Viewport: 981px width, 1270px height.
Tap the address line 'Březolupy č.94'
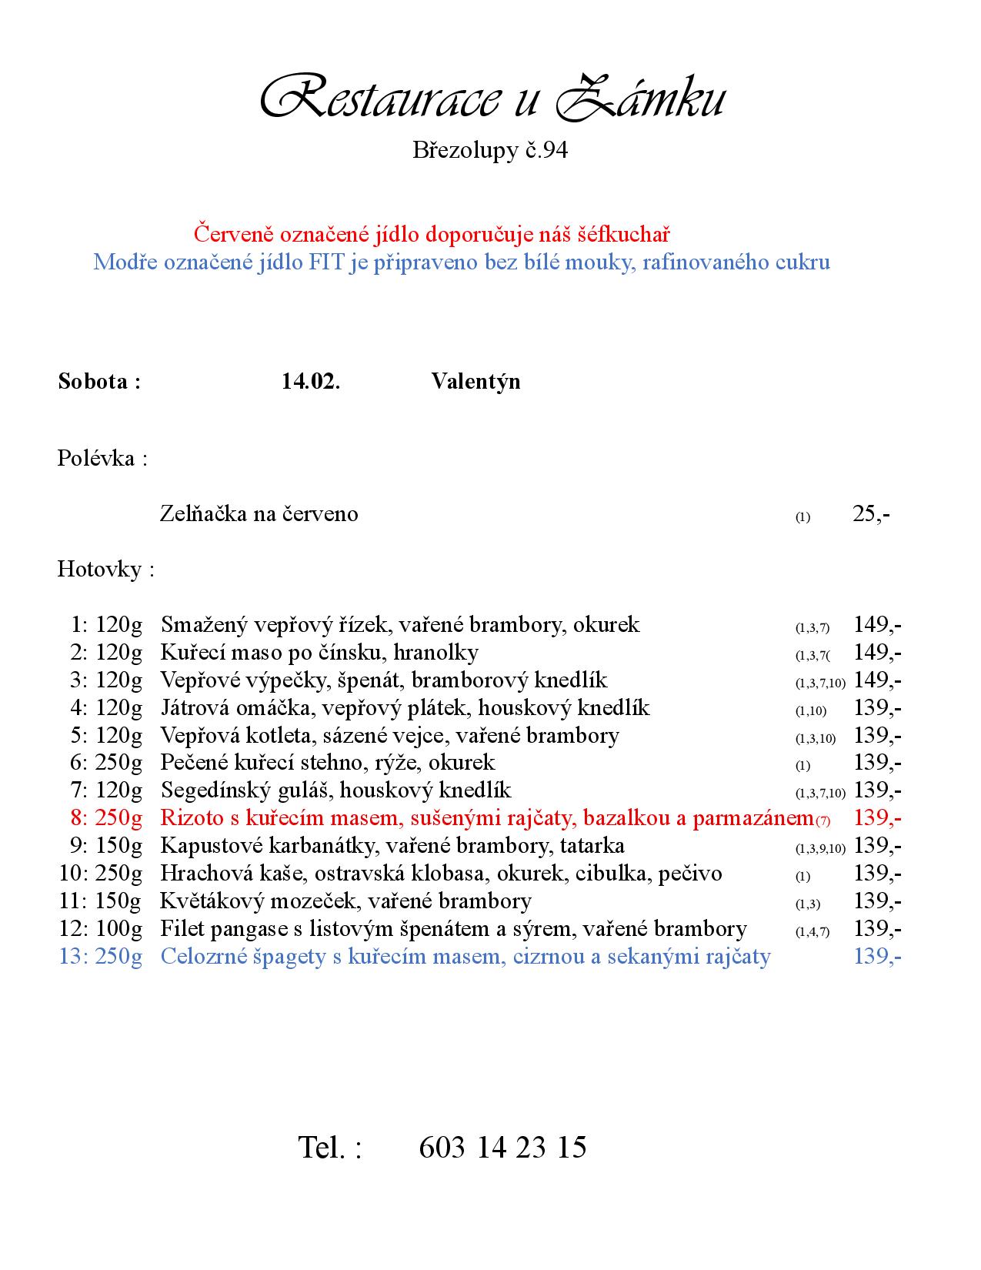[490, 150]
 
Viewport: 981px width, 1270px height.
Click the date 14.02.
[311, 382]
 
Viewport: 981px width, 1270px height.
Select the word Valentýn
[475, 382]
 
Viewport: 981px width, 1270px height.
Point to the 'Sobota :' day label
[99, 382]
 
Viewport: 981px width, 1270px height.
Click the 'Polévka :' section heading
[102, 459]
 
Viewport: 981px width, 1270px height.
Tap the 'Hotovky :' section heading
[105, 570]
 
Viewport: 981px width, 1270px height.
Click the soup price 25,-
[871, 514]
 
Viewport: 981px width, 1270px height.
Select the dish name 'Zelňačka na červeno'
[259, 514]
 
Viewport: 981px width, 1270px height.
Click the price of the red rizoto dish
[878, 818]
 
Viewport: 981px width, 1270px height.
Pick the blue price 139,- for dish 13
[878, 957]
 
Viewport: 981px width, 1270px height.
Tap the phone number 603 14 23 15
[502, 1148]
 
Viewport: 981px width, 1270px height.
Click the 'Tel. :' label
[329, 1148]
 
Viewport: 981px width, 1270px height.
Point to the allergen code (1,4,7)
[812, 932]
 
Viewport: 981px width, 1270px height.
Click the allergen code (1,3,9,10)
[820, 849]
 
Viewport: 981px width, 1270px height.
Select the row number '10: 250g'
[101, 874]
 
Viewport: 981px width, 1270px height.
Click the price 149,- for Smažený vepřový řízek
[878, 624]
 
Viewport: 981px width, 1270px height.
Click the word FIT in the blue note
[326, 262]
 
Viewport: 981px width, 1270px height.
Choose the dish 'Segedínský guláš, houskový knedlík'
[335, 790]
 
